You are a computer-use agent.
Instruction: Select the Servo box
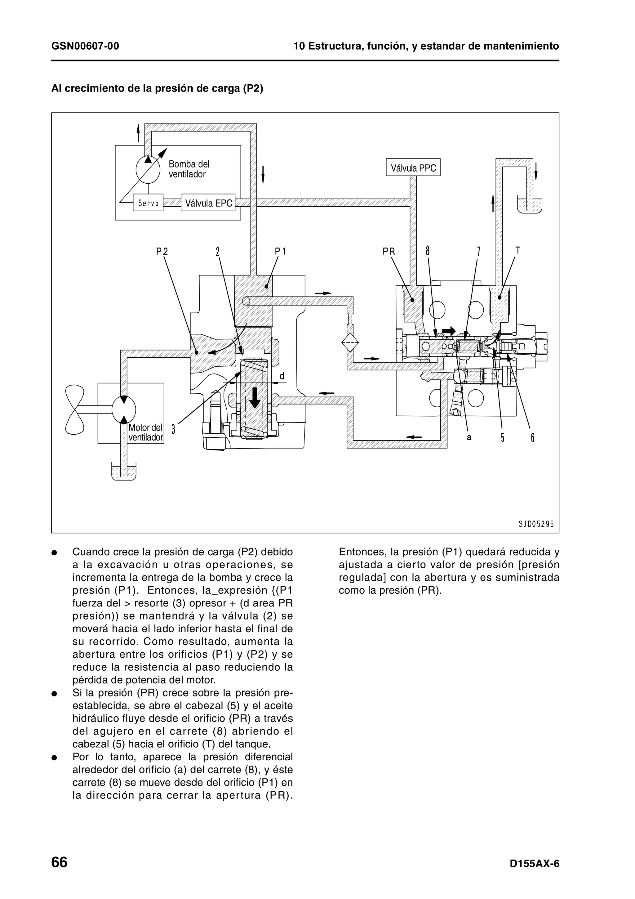coord(148,203)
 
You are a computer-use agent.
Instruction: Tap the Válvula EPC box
coord(208,203)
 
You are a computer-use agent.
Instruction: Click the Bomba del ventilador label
coord(189,169)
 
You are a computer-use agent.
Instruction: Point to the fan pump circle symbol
coord(148,169)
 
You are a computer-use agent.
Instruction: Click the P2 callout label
coord(162,251)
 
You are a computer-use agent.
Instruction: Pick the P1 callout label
coord(280,251)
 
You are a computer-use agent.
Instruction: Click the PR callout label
coord(389,251)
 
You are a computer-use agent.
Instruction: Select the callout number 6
coord(532,437)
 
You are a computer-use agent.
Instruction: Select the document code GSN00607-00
coord(85,46)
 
